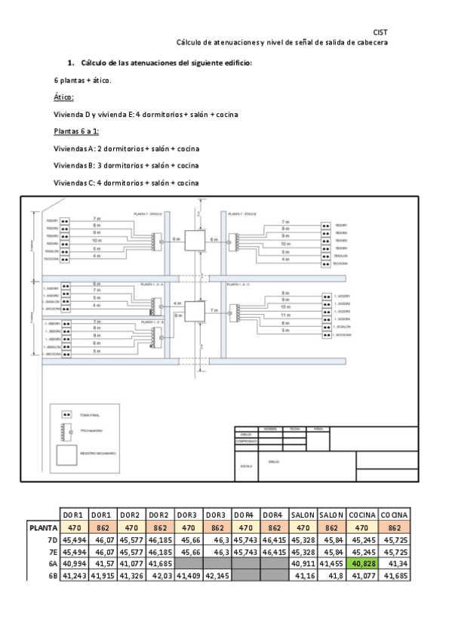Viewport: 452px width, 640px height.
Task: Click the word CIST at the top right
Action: [x=381, y=32]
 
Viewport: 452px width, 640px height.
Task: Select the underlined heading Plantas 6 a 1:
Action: [x=81, y=131]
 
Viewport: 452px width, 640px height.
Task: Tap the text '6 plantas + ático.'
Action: [x=83, y=80]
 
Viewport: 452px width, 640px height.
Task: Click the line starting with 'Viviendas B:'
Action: [x=126, y=165]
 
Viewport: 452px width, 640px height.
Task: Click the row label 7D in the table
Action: [x=51, y=540]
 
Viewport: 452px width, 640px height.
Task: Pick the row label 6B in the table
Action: [x=51, y=575]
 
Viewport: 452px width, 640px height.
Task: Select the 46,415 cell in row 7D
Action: [x=275, y=540]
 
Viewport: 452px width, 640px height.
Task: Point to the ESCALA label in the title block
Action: [x=246, y=467]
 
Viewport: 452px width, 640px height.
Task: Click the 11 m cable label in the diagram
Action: [x=284, y=312]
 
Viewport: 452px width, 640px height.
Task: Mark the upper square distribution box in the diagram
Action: [x=196, y=240]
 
